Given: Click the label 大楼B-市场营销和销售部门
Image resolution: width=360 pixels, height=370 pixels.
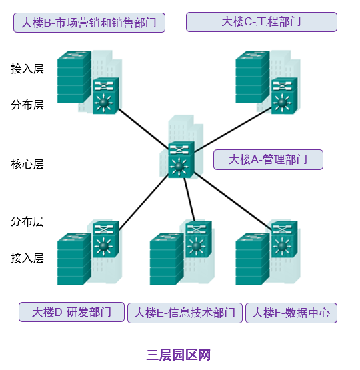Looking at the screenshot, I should [89, 23].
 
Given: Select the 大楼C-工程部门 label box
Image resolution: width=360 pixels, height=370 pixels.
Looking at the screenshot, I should [261, 22].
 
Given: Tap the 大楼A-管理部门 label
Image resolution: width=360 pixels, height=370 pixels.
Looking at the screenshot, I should [268, 159].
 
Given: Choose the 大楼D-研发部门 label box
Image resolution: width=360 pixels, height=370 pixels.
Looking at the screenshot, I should [72, 312].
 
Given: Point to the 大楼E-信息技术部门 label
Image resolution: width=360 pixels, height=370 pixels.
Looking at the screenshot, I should [185, 313].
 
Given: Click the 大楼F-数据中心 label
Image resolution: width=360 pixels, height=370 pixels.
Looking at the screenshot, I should [291, 313].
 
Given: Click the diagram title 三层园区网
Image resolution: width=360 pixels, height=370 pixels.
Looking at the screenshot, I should [179, 355].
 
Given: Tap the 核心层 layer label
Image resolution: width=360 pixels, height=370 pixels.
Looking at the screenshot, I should [27, 164].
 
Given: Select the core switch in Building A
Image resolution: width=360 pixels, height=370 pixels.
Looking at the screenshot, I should [180, 160].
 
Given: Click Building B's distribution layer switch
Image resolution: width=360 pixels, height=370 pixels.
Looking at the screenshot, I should [105, 96].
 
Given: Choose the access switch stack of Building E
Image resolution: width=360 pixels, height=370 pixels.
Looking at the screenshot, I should [166, 259].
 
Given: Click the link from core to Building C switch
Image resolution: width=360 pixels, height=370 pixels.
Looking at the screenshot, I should [233, 127].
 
